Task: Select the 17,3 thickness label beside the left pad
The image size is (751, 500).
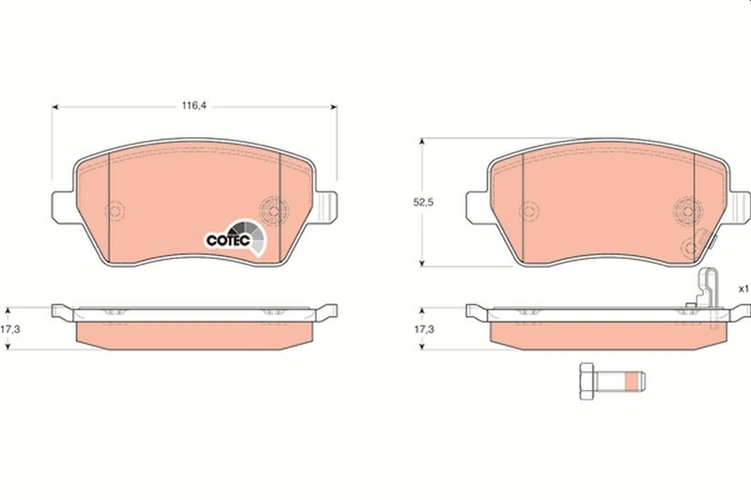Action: (10, 329)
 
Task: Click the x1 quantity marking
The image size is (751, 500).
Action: (741, 288)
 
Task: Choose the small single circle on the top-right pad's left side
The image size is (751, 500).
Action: (530, 211)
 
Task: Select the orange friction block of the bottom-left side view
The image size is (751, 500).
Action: (194, 332)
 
